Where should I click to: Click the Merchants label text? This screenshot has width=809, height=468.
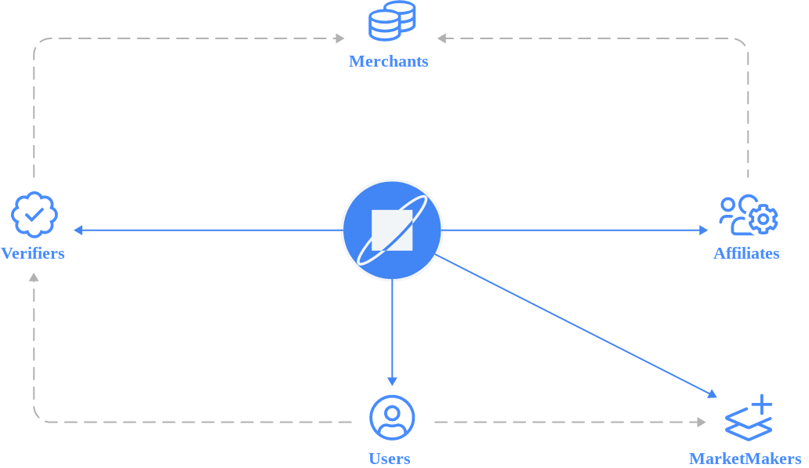point(388,61)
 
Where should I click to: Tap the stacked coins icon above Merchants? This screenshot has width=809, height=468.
point(392,21)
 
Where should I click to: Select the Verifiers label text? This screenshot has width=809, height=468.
point(33,253)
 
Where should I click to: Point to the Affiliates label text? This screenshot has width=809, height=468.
point(746,253)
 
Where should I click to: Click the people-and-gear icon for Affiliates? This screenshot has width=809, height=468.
point(748,215)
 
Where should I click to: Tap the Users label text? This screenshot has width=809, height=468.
point(390,459)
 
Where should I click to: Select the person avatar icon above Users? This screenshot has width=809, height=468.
point(392,418)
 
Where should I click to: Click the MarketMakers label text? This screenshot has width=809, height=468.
point(745,459)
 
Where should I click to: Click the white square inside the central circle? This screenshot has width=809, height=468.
point(392,230)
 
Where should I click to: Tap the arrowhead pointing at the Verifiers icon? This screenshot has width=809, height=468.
point(78,230)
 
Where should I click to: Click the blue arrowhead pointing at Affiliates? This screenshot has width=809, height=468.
point(703,230)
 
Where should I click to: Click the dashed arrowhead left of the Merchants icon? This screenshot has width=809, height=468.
point(340,38)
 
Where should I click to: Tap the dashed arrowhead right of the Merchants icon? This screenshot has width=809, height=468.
point(441,38)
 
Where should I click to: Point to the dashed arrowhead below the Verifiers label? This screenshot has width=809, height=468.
point(34,277)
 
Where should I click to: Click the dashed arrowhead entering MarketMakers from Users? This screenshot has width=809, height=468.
point(701,422)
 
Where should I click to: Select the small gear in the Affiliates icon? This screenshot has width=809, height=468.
point(763,219)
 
